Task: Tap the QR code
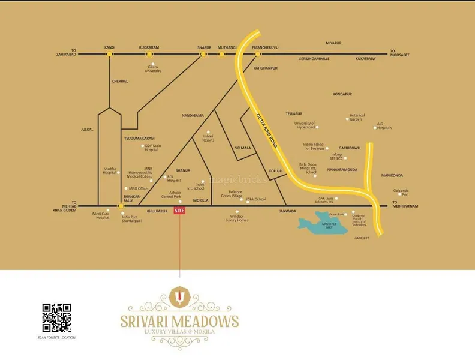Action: pyautogui.click(x=56, y=318)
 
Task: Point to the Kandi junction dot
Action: pyautogui.click(x=109, y=54)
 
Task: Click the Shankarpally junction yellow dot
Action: pyautogui.click(x=121, y=206)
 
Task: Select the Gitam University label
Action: pyautogui.click(x=152, y=69)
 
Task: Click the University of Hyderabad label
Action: pyautogui.click(x=305, y=125)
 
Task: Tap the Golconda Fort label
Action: pyautogui.click(x=401, y=193)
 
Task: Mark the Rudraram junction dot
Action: pyautogui.click(x=149, y=54)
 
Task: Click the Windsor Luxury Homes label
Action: pyautogui.click(x=237, y=218)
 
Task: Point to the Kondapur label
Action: pyautogui.click(x=342, y=94)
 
